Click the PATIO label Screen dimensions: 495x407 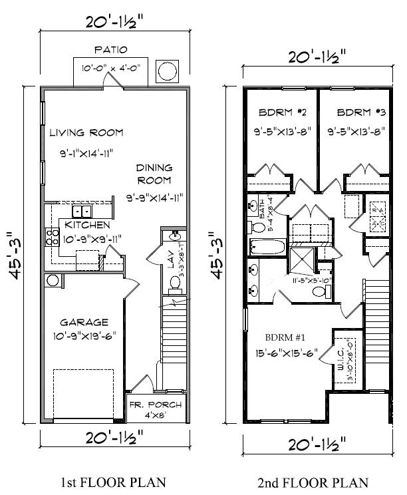click(110, 50)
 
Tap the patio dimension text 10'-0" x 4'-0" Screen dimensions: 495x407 click(110, 67)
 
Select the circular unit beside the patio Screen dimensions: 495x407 click(166, 69)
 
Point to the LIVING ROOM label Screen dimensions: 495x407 click(86, 132)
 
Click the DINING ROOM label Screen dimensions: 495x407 click(154, 174)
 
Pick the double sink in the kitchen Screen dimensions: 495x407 click(82, 212)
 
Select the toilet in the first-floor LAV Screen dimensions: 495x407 click(176, 282)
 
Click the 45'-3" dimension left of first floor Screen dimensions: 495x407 click(13, 255)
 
